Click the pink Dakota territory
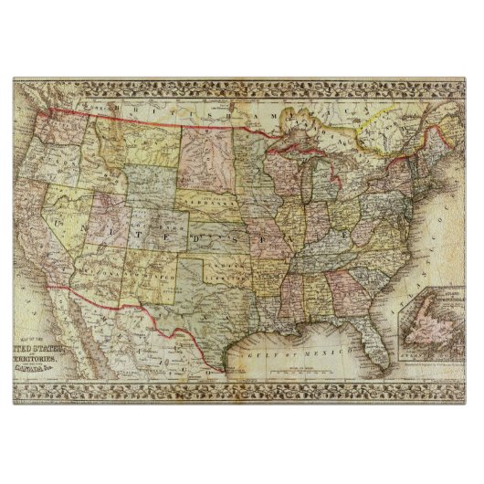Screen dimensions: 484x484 (x=206, y=155)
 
